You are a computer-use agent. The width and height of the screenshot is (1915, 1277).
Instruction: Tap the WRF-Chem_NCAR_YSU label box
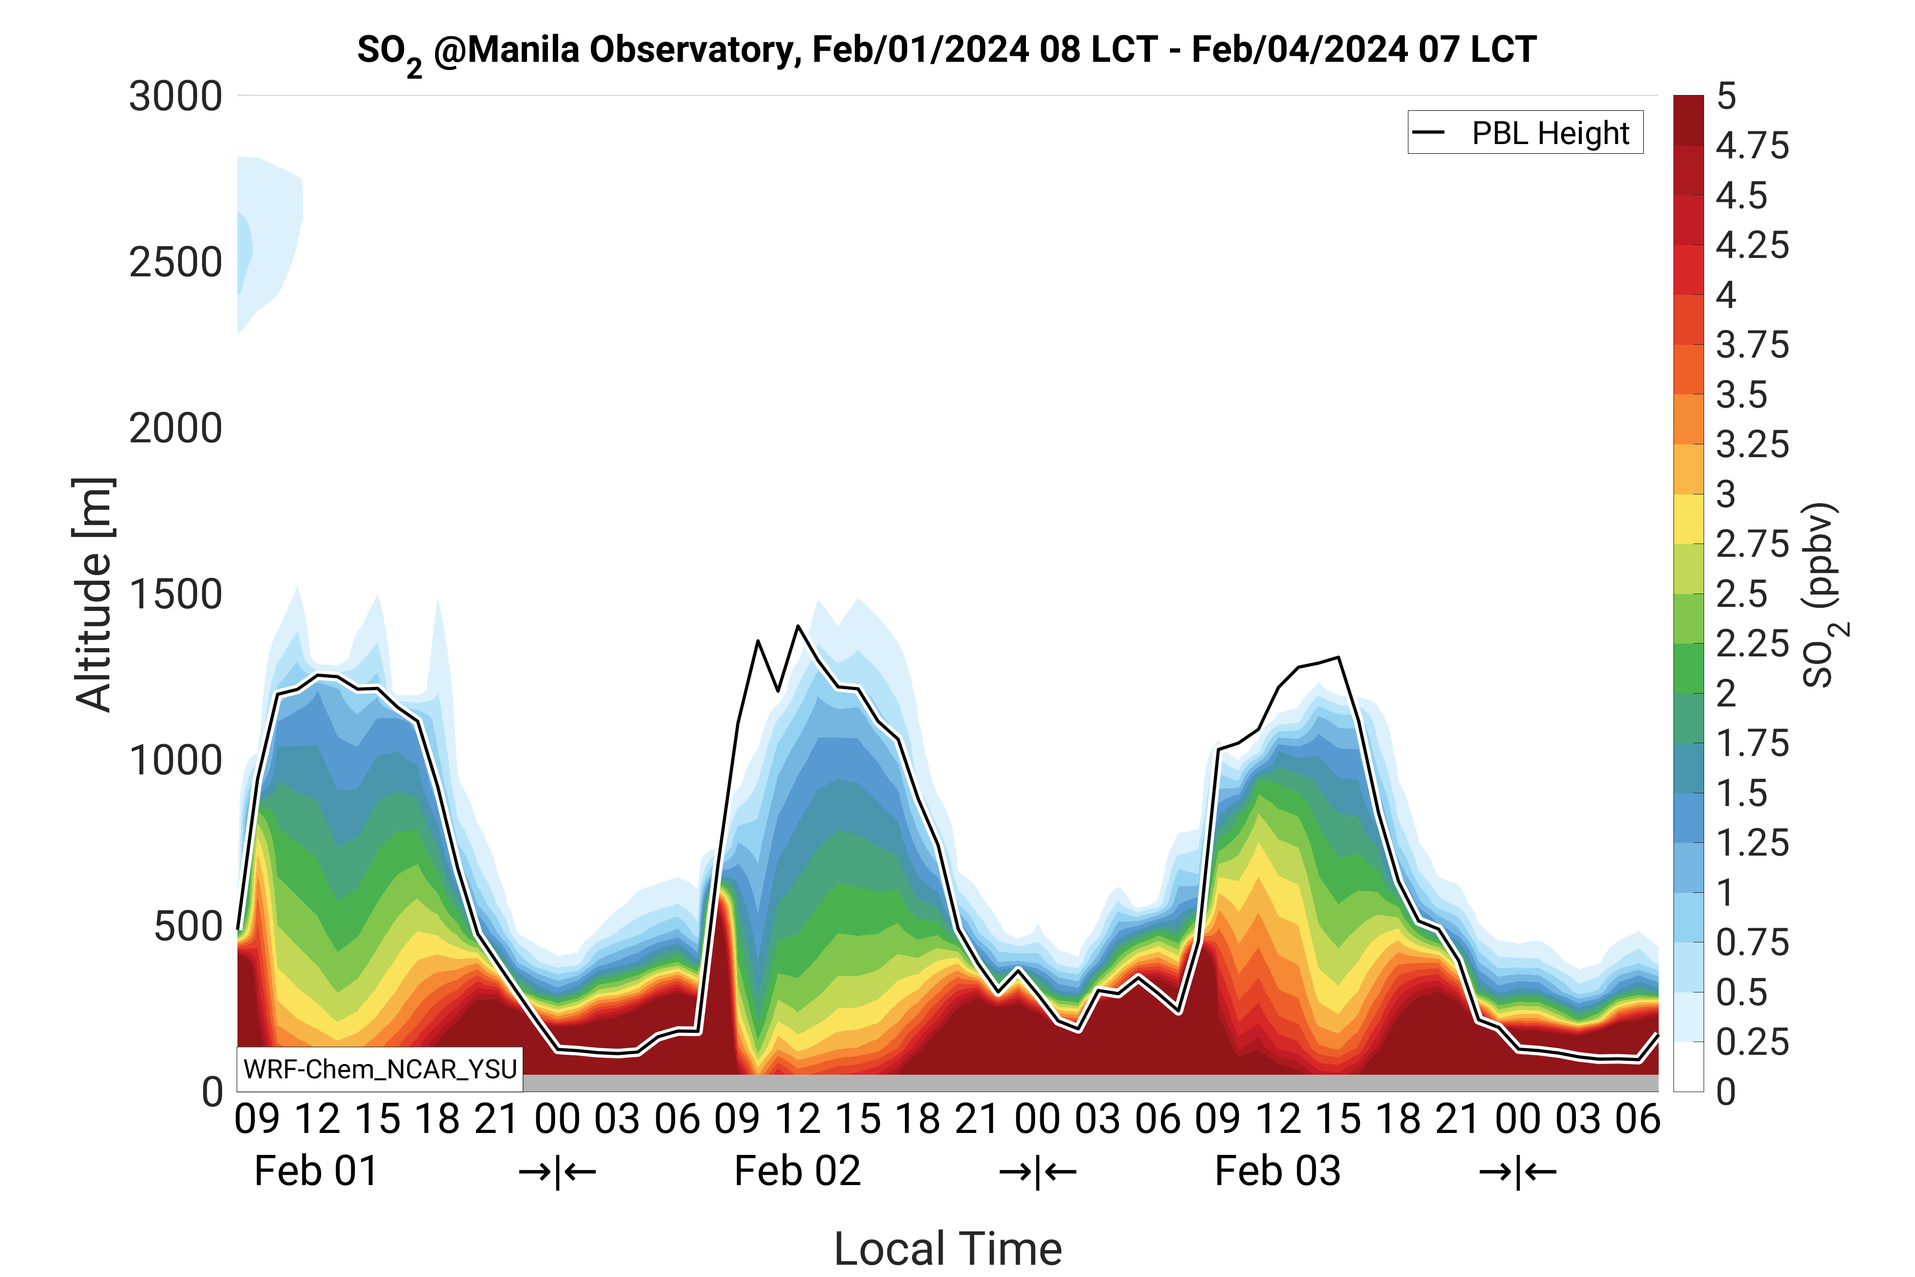379,1069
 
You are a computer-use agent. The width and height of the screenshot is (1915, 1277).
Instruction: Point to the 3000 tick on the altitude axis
176,97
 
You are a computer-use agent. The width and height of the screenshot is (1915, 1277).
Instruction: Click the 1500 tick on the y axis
176,595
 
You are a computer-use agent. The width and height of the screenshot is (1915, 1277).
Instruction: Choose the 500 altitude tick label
188,926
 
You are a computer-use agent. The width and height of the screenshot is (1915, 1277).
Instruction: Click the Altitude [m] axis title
93,595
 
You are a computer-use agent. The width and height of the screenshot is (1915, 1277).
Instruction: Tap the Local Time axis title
948,1248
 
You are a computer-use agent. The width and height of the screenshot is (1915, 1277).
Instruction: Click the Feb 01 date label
316,1171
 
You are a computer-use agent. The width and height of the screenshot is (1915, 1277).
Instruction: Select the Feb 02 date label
797,1171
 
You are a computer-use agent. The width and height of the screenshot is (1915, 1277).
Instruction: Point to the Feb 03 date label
1278,1171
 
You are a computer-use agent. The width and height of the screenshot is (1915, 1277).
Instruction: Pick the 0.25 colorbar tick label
1752,1043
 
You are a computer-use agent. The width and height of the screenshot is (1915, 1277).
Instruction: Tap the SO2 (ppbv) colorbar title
1824,595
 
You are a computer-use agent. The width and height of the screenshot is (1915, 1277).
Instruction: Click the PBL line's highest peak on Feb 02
798,626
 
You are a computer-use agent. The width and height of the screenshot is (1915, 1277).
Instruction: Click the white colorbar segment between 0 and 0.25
1688,1067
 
